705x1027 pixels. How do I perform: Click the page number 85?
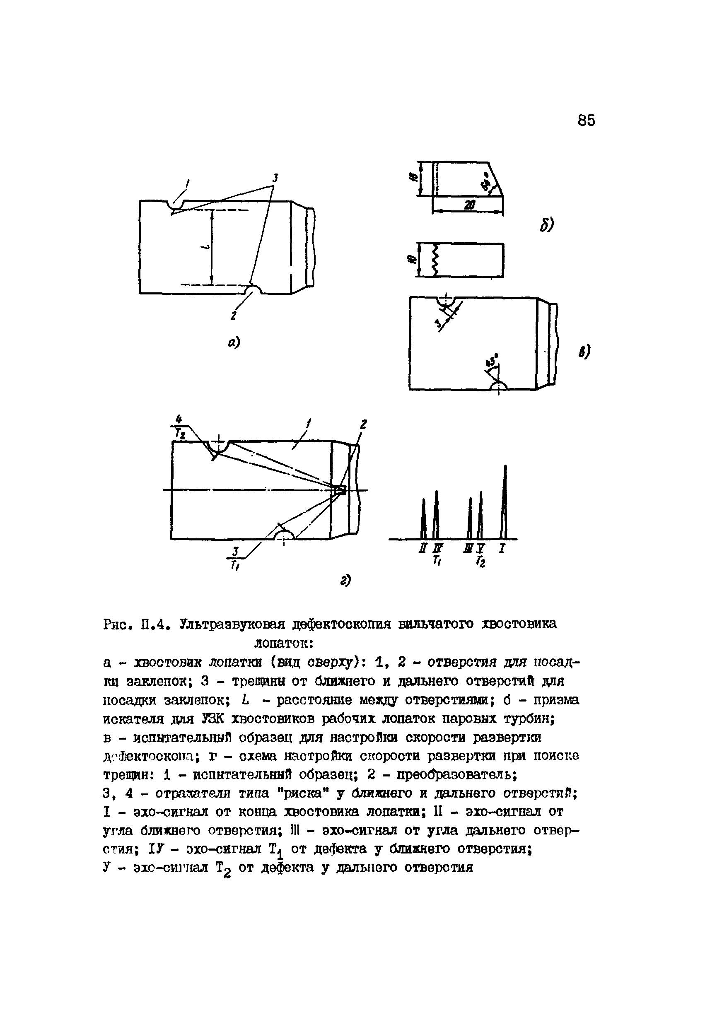(586, 120)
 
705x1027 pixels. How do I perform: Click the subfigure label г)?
(345, 580)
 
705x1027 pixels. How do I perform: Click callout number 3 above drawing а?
(275, 178)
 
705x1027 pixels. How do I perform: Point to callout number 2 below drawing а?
(233, 316)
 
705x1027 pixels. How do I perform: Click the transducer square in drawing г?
(340, 489)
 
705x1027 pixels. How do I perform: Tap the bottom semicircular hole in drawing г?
(283, 535)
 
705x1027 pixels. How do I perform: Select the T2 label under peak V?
(481, 562)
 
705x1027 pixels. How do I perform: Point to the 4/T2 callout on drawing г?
(179, 427)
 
